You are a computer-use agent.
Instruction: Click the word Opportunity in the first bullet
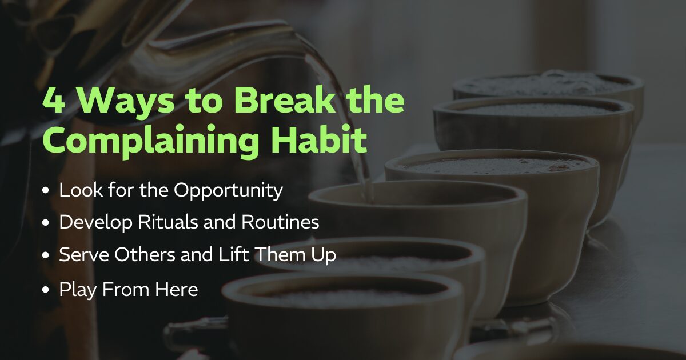(229, 191)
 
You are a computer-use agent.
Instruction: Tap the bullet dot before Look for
(46, 190)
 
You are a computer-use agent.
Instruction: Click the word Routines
(280, 222)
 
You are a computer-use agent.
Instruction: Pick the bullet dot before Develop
(46, 222)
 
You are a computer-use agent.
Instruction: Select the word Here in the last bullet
(177, 289)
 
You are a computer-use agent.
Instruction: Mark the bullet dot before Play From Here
(46, 290)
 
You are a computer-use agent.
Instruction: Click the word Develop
(96, 222)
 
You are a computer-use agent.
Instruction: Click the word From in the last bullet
(126, 289)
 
